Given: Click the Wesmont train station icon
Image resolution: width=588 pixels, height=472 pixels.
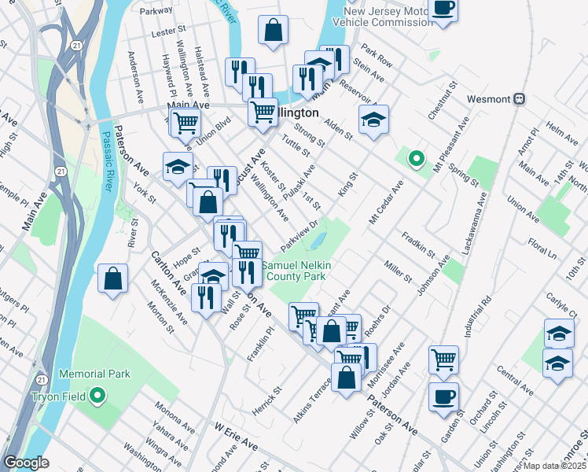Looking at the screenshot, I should pos(519,100).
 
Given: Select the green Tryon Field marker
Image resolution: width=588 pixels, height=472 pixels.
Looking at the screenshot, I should pos(97,395).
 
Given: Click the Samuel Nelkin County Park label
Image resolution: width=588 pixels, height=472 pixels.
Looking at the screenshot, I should pos(295,272).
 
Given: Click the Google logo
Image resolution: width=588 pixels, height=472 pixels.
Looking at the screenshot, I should pos(26,463).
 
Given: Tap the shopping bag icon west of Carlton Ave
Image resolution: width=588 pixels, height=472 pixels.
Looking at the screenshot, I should pos(113,278).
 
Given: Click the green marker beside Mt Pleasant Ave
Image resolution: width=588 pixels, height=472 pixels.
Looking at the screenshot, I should pos(417,159).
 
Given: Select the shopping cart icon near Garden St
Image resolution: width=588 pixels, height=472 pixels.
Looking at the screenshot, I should pos(443,360).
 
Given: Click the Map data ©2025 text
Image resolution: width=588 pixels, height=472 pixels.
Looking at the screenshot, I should pos(554,466).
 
